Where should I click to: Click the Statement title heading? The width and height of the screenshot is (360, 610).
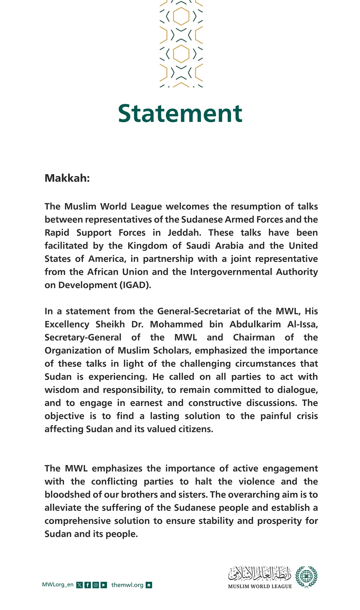(180, 113)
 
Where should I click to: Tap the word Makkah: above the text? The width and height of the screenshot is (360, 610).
(67, 178)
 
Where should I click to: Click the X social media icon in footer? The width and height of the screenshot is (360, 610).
(79, 585)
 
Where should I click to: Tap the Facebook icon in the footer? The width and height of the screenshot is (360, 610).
(88, 585)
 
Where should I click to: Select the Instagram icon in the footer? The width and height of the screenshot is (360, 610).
(96, 585)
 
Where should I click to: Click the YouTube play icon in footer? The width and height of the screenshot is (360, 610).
(104, 585)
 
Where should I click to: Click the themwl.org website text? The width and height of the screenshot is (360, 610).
(127, 585)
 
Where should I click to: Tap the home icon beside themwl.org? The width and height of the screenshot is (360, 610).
(149, 585)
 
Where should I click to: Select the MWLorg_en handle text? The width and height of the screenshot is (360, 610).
(58, 585)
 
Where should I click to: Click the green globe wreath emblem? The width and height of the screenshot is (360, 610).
(306, 577)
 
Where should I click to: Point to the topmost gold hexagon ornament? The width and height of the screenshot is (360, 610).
(181, 16)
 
